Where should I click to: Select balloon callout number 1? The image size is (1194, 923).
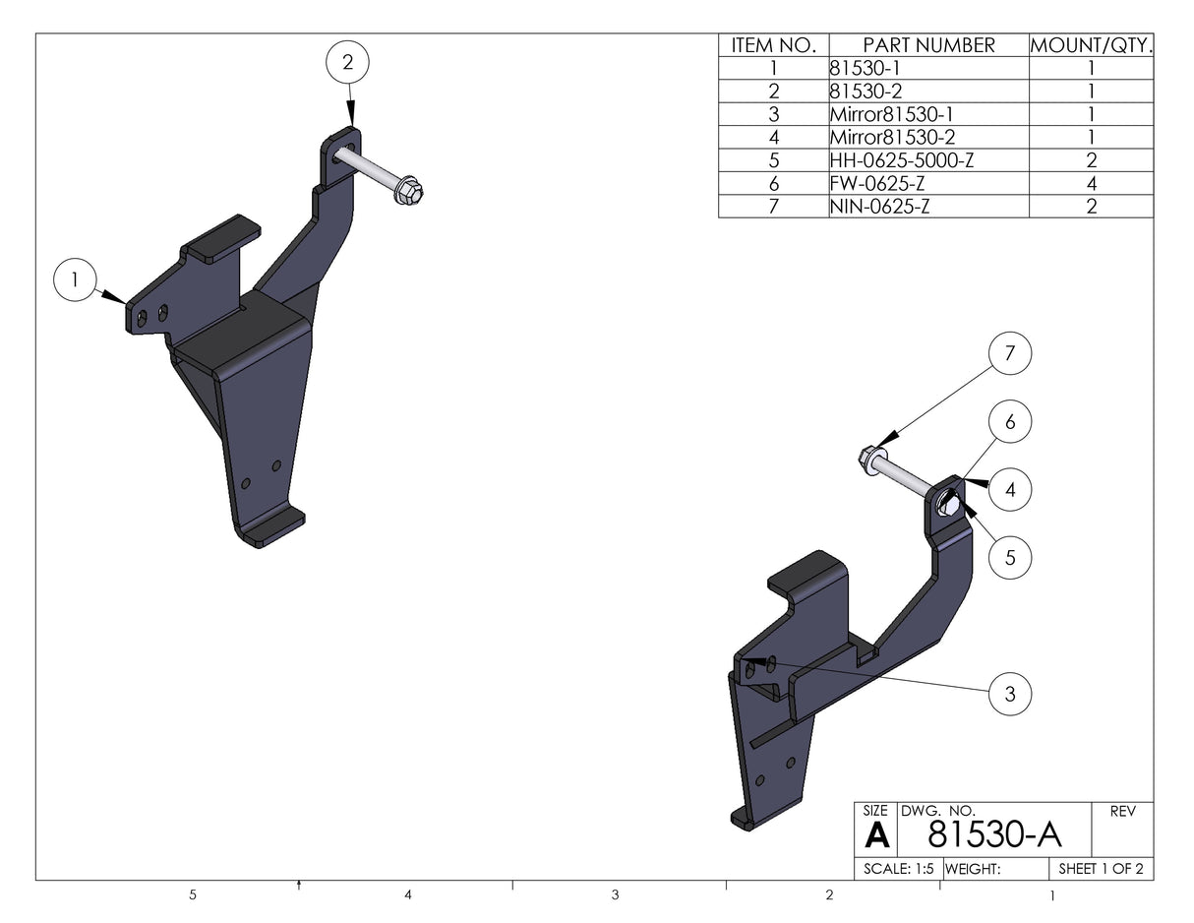point(75,280)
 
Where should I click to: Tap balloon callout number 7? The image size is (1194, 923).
point(1010,354)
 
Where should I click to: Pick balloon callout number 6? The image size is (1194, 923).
point(1010,422)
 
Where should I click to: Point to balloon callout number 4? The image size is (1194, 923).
point(1010,489)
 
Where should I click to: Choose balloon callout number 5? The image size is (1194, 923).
point(1010,558)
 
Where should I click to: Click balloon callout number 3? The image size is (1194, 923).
point(1010,695)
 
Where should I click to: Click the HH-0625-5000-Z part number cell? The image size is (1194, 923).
point(902,160)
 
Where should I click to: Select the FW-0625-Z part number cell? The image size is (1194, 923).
point(878,183)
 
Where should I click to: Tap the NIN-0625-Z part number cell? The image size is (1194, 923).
point(880,206)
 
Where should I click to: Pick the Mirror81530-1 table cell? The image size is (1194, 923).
point(892,114)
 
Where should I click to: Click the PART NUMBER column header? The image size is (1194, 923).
point(928,45)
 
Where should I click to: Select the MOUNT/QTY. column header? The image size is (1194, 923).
point(1091,45)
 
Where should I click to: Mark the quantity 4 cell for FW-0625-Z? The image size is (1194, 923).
point(1091,183)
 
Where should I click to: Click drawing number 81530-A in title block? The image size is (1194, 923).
point(994,834)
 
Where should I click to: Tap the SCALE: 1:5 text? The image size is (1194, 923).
point(898,869)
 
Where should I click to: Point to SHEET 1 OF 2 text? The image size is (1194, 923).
point(1101,869)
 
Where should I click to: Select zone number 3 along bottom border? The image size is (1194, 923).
point(615,894)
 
